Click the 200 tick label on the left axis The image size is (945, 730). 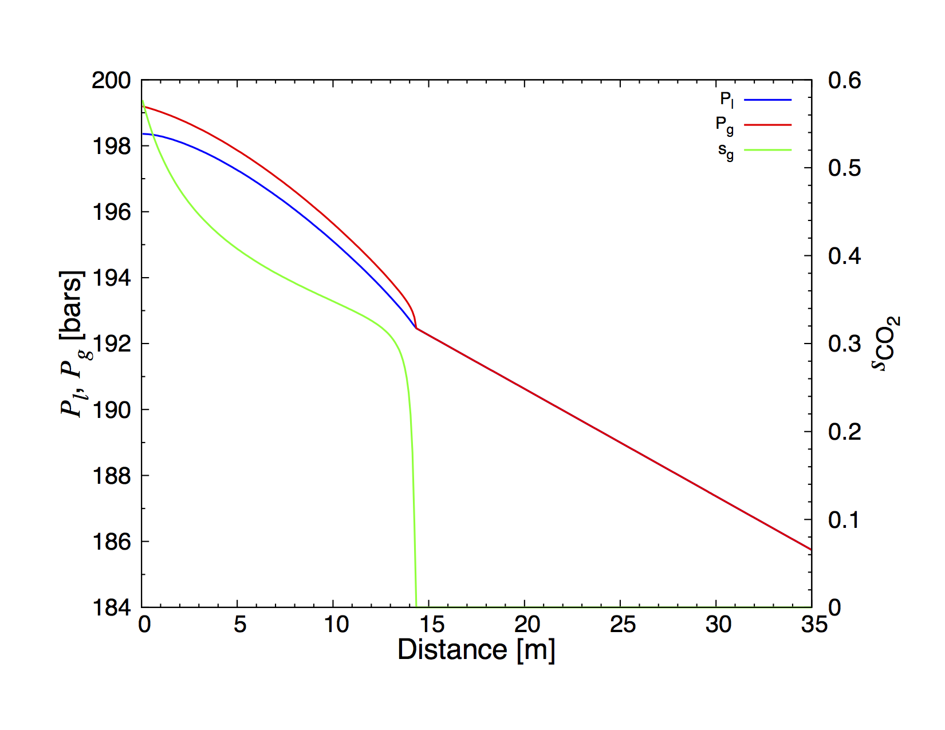click(x=111, y=81)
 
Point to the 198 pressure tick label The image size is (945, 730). click(x=111, y=147)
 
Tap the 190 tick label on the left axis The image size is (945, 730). click(x=111, y=410)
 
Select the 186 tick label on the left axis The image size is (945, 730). click(x=111, y=542)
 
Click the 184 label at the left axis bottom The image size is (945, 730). click(x=111, y=607)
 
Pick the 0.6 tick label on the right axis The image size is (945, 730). click(x=844, y=81)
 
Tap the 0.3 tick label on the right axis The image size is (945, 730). click(x=844, y=344)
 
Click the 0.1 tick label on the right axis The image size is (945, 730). click(x=844, y=520)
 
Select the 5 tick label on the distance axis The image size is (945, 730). click(x=239, y=625)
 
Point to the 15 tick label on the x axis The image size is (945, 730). click(x=431, y=625)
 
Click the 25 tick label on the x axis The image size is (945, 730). click(x=623, y=625)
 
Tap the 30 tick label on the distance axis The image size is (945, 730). click(x=718, y=625)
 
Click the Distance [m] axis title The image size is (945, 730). click(x=477, y=650)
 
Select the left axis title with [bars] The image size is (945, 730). click(x=73, y=344)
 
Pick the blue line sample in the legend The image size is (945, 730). click(x=767, y=100)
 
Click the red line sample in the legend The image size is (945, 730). click(x=767, y=125)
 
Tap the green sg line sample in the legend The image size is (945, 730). click(x=767, y=150)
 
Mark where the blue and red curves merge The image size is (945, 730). click(x=416, y=328)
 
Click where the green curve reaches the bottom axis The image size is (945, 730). click(x=416, y=606)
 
